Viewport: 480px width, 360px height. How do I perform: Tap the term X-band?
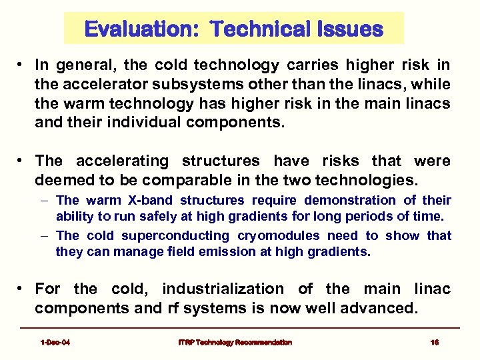point(154,200)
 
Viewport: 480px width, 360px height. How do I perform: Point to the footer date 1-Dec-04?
point(55,342)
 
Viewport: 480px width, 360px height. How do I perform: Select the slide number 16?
point(435,342)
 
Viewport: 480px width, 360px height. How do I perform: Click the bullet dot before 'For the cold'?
point(22,289)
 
